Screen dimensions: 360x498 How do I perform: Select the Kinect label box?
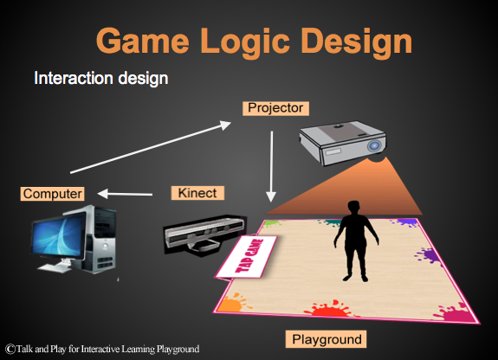point(199,192)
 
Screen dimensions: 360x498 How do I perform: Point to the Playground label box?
point(324,338)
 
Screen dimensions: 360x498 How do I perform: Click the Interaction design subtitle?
point(100,78)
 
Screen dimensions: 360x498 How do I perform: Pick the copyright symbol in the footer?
point(9,349)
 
